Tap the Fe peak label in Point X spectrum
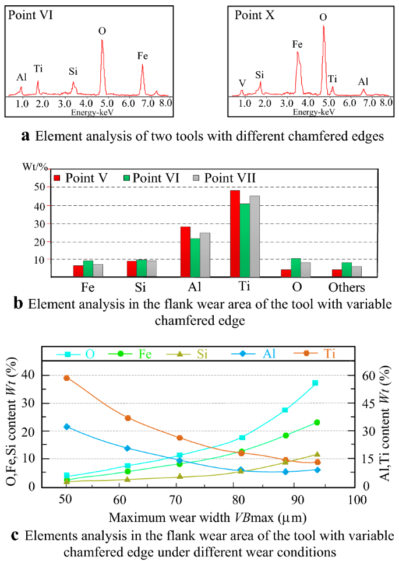tap(297, 44)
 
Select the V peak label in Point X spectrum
tap(242, 82)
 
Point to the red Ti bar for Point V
tap(235, 233)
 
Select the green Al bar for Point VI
tap(195, 258)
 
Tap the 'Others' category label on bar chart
tap(346, 287)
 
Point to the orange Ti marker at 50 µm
tap(67, 378)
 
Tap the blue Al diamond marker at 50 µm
tap(67, 427)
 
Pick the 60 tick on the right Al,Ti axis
tap(371, 376)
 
